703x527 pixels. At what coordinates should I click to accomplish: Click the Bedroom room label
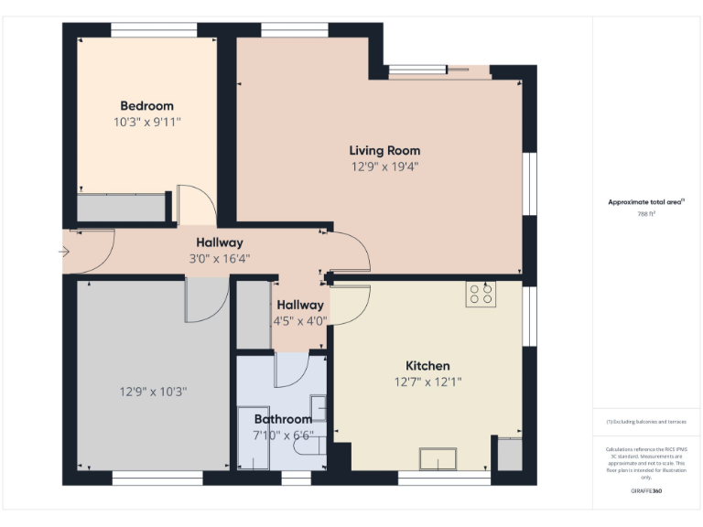click(x=146, y=106)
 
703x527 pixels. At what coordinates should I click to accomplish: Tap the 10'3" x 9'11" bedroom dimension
click(x=146, y=122)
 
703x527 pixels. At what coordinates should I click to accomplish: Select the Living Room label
click(x=384, y=150)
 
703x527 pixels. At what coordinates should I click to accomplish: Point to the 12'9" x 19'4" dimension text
click(x=384, y=167)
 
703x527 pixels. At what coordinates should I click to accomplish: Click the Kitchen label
click(x=427, y=366)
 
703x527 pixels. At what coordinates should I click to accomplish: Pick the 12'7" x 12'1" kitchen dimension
click(x=427, y=382)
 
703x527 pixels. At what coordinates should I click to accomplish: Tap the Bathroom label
click(x=283, y=419)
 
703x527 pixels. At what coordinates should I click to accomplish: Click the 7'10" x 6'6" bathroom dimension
click(x=283, y=436)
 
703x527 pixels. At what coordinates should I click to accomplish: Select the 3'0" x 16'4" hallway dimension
click(x=220, y=259)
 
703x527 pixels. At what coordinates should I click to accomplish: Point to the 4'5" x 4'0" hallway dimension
click(x=299, y=321)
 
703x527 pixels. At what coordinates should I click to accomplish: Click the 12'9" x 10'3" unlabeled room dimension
click(x=153, y=392)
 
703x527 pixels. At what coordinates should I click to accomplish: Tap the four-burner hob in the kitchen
click(x=481, y=294)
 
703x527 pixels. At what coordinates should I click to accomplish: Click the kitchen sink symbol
click(x=438, y=458)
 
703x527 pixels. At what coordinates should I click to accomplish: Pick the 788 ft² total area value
click(x=647, y=214)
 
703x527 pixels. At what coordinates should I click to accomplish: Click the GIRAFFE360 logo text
click(x=646, y=491)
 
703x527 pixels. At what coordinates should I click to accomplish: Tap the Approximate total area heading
click(x=646, y=202)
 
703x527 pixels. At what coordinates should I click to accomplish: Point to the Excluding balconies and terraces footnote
click(x=646, y=422)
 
